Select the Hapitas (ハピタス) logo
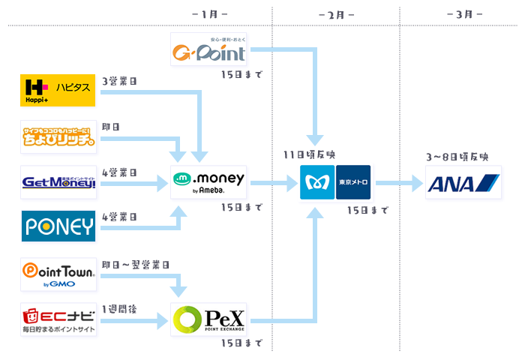pos(58,91)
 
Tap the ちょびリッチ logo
pos(58,136)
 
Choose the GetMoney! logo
pos(58,182)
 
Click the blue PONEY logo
pos(58,226)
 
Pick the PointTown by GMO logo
pos(58,274)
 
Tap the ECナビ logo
pos(58,319)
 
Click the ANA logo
pos(463,182)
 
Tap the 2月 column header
pos(337,14)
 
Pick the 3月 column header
pos(463,14)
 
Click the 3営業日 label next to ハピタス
pos(119,81)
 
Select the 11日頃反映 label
pos(309,154)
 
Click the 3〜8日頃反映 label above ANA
pos(457,157)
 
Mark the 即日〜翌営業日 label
pos(135,265)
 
